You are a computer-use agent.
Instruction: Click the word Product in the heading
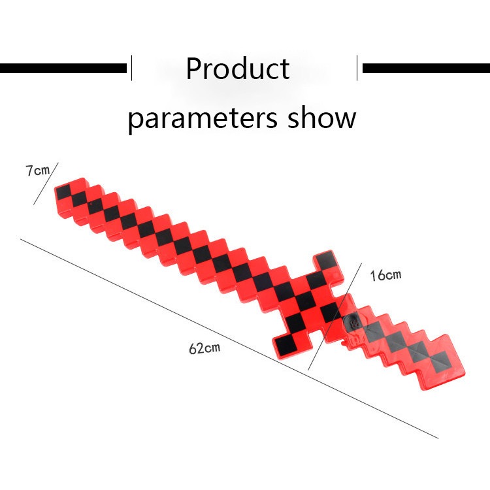click(238, 69)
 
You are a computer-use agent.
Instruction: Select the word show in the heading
click(322, 118)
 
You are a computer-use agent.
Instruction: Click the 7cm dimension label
click(37, 171)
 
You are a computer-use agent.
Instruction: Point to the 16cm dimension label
click(385, 275)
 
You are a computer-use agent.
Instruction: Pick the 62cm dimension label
click(204, 348)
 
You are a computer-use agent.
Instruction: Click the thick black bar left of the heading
click(63, 68)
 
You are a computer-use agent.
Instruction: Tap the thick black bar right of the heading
click(426, 68)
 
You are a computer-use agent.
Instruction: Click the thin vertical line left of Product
click(131, 68)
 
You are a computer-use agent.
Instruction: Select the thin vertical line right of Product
click(357, 68)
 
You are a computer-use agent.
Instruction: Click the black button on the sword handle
click(353, 322)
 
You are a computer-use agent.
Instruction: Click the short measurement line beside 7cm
click(46, 184)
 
